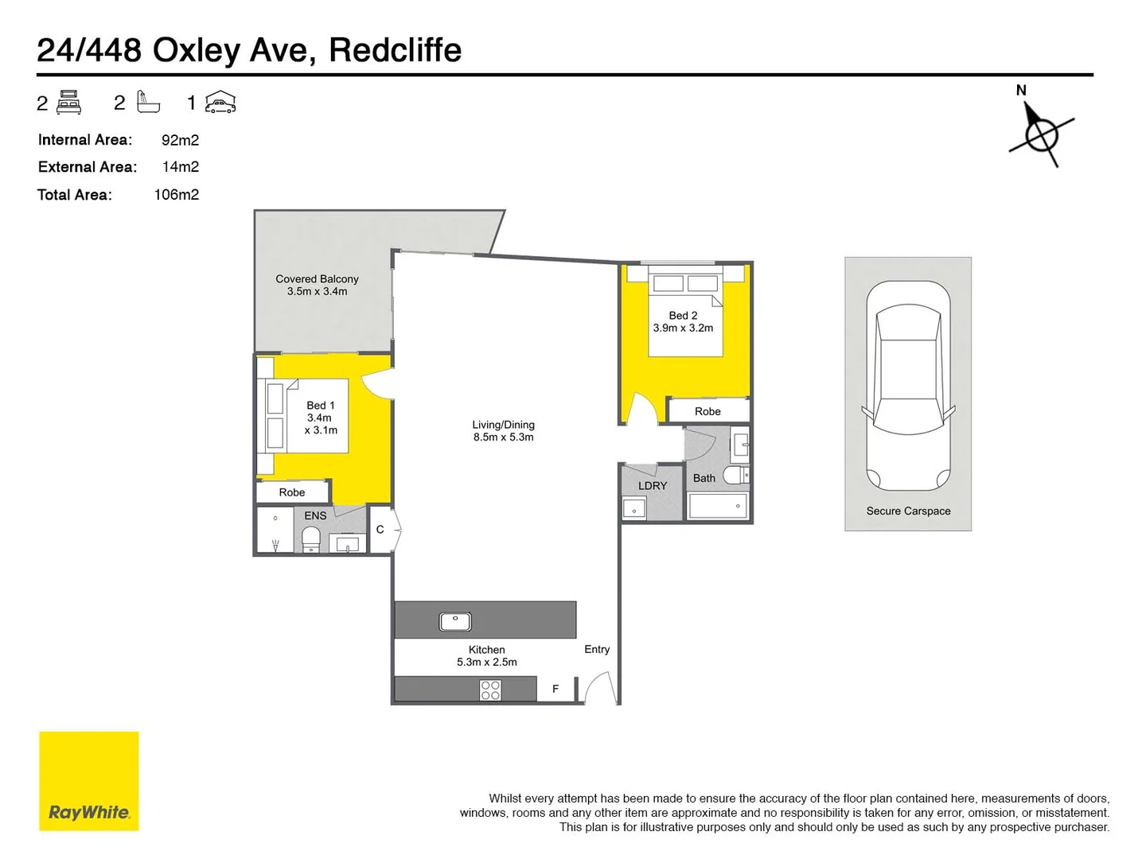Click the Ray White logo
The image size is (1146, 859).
(89, 781)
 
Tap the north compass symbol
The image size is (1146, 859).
(1040, 134)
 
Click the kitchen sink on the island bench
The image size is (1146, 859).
(455, 621)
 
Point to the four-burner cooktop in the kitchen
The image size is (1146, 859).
(490, 690)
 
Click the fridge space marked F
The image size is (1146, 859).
(555, 689)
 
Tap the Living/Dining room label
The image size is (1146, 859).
(503, 430)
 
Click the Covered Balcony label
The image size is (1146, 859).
(317, 285)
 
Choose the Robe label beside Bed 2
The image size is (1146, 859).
(707, 411)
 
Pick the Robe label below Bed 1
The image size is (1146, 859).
(292, 492)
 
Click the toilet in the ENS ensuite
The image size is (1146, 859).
(310, 538)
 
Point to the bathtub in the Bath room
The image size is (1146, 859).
(718, 506)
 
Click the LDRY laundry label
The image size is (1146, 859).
(653, 485)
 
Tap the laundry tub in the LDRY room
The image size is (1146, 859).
(634, 507)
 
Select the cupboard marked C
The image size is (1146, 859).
(380, 529)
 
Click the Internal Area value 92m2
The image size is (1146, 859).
(180, 140)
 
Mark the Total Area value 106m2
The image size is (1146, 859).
(176, 195)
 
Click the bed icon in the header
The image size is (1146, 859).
(69, 103)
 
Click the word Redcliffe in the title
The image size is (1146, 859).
(395, 50)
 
